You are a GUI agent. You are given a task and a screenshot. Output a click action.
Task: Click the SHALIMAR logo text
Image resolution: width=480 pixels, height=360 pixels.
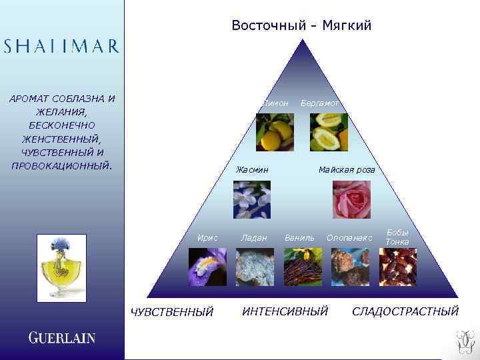coord(61,46)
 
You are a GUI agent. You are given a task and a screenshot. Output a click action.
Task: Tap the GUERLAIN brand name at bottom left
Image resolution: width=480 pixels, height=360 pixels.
coord(61,337)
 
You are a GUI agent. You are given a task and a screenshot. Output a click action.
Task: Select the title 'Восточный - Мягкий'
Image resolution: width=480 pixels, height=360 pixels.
coord(301,25)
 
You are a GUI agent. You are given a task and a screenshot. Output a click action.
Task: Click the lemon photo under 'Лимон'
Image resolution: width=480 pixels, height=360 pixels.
coord(275,132)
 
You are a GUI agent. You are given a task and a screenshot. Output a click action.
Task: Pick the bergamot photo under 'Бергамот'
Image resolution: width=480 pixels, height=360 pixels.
coord(329,132)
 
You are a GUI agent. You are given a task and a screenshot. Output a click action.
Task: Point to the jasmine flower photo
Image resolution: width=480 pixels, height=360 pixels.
coord(252,199)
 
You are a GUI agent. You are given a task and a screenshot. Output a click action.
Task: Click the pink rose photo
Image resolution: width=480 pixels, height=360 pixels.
coord(351,199)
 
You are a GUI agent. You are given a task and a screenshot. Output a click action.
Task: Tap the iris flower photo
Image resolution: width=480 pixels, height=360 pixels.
coord(207,267)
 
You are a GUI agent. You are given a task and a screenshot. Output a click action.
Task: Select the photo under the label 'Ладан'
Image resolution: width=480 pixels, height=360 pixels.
coord(255,267)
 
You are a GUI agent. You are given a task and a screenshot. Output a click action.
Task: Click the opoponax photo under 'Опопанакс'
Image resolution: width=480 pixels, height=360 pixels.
coord(349,267)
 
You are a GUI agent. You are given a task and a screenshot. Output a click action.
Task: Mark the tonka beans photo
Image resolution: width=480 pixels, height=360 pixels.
coord(397,267)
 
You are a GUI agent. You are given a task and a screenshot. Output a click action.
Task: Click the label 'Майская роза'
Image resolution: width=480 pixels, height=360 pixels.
coord(347,170)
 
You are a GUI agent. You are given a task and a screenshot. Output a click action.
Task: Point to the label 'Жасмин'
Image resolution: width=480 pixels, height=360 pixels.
coord(252,170)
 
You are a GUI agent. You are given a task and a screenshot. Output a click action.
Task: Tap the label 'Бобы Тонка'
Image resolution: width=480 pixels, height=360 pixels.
coord(397,237)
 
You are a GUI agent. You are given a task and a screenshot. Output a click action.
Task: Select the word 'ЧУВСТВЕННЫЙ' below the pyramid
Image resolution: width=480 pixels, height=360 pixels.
coord(172,312)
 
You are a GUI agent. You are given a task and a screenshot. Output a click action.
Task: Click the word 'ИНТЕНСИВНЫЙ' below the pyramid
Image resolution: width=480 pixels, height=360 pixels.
coord(285,311)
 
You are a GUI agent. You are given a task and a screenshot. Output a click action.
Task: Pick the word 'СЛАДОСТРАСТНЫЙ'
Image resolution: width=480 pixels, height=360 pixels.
coord(405,311)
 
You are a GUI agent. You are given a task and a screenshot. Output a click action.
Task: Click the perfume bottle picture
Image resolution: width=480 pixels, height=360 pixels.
coord(61,266)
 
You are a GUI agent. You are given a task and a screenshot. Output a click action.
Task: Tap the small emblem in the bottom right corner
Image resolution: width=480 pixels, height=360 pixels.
coord(464,342)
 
